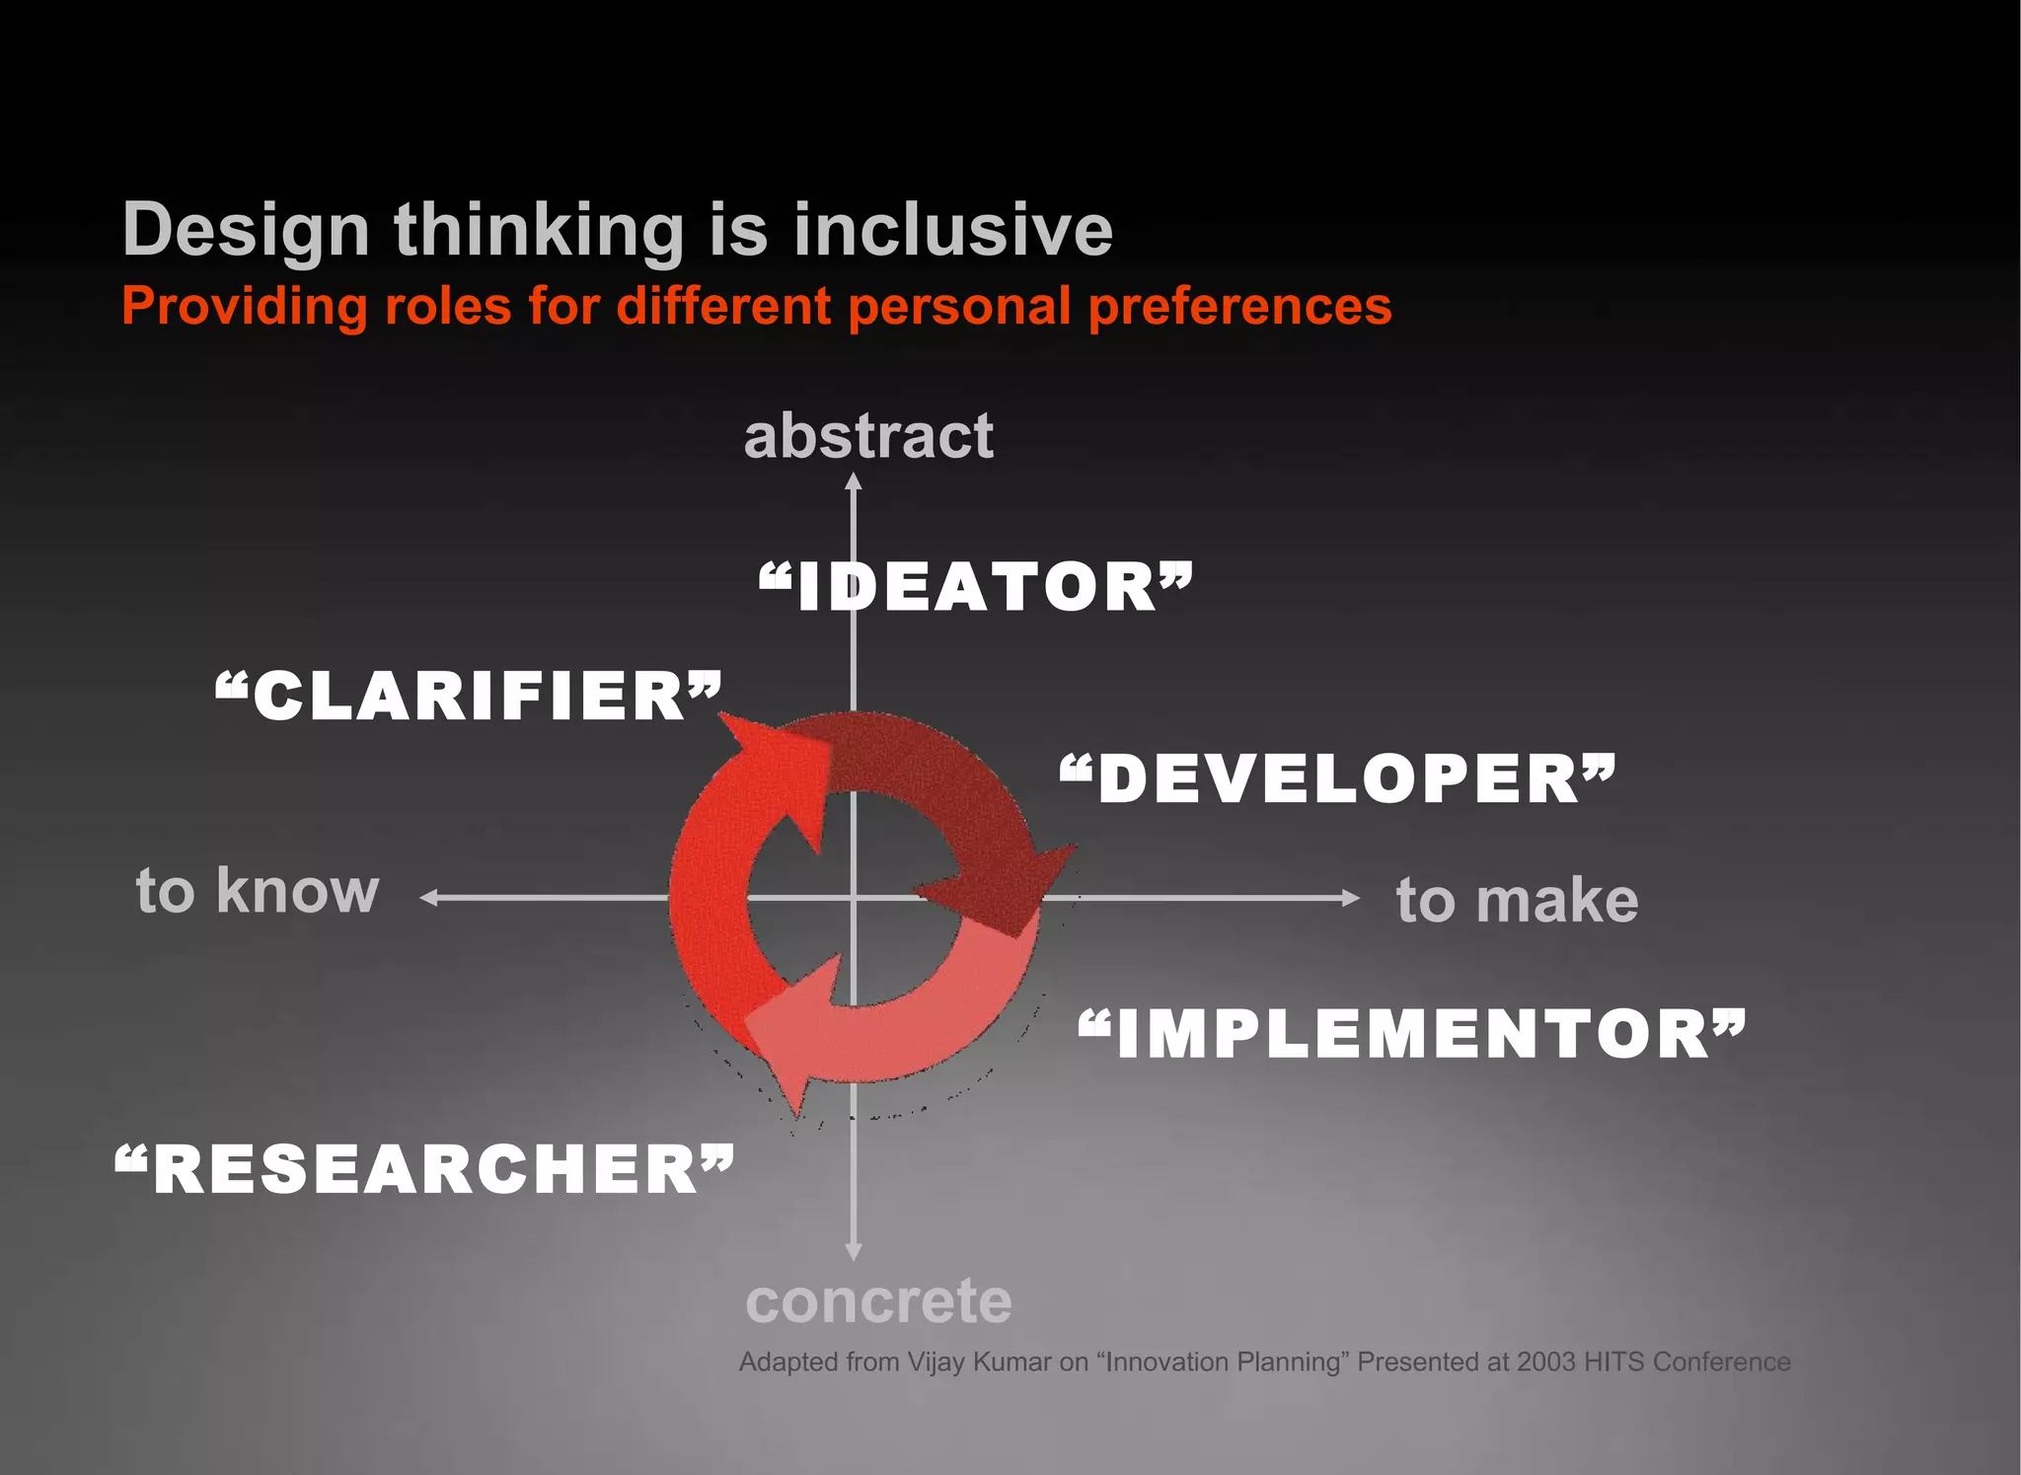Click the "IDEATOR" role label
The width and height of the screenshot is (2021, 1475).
pos(976,587)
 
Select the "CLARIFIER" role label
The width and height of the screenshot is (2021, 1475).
pos(469,696)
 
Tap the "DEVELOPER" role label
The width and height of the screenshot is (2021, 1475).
pos(1338,778)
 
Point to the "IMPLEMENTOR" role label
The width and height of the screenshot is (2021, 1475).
pos(1412,1035)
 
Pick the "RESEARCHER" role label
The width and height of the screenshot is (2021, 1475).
pos(425,1170)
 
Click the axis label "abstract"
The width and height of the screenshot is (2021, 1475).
pos(868,436)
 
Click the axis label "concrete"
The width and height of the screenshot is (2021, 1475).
pos(878,1301)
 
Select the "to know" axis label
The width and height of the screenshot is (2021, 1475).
pos(258,891)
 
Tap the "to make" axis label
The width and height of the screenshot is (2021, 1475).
pos(1517,900)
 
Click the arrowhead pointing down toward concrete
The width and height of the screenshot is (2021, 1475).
pos(854,1252)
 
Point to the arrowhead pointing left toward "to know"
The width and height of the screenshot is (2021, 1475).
pos(429,897)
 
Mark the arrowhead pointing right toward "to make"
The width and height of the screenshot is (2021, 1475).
pos(1351,897)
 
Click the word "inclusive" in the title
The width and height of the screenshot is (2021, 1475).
pos(952,230)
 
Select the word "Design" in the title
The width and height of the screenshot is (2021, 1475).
pos(246,231)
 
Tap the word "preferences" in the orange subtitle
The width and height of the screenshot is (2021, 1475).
pos(1239,306)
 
